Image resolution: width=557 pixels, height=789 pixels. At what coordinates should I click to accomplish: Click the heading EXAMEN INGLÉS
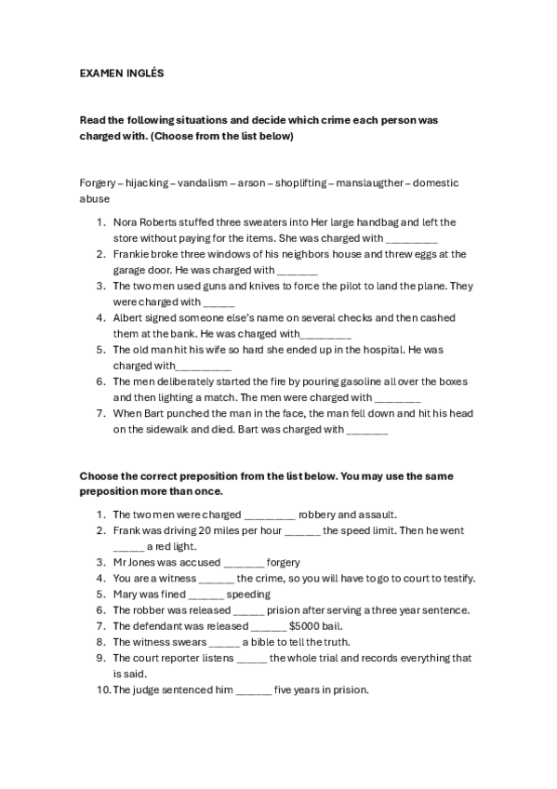point(121,73)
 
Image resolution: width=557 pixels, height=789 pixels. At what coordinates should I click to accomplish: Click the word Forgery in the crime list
point(98,183)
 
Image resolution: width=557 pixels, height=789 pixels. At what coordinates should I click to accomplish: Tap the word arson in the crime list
point(252,183)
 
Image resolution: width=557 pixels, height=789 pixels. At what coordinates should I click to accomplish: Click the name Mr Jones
point(134,563)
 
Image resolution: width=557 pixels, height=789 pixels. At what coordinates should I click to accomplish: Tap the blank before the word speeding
point(206,595)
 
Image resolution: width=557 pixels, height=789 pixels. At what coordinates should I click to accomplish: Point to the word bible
point(265,642)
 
